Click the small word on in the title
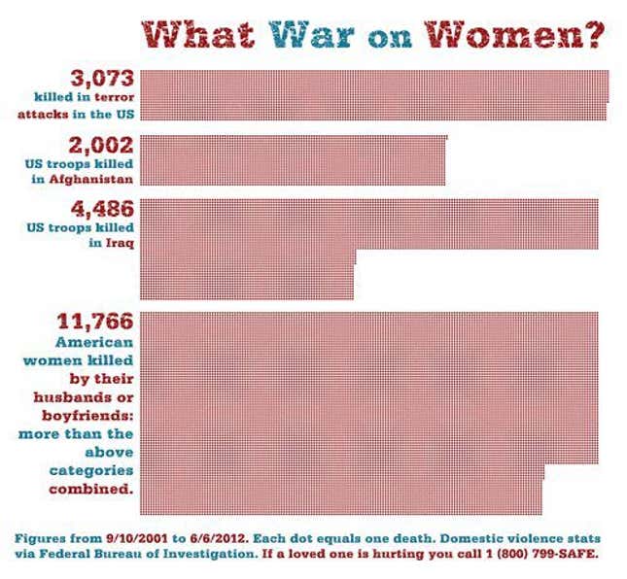tap(393, 40)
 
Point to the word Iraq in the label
tap(117, 243)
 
